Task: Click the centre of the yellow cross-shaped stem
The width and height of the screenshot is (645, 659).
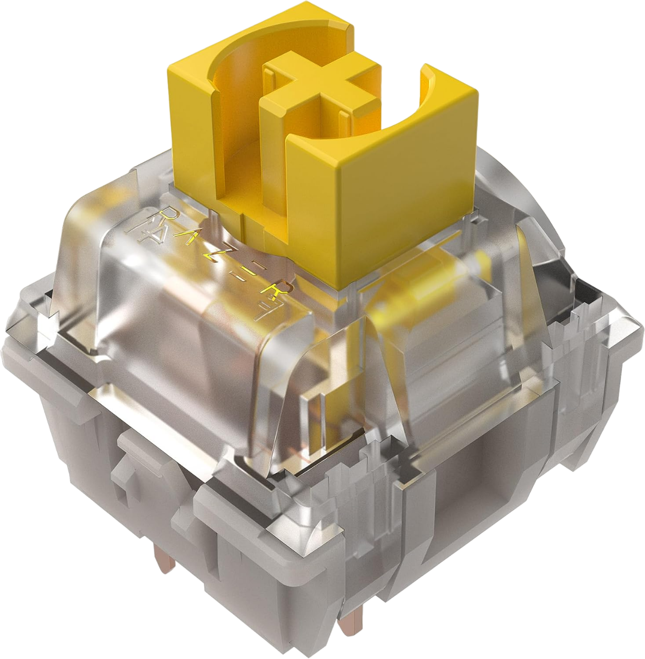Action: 320,88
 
